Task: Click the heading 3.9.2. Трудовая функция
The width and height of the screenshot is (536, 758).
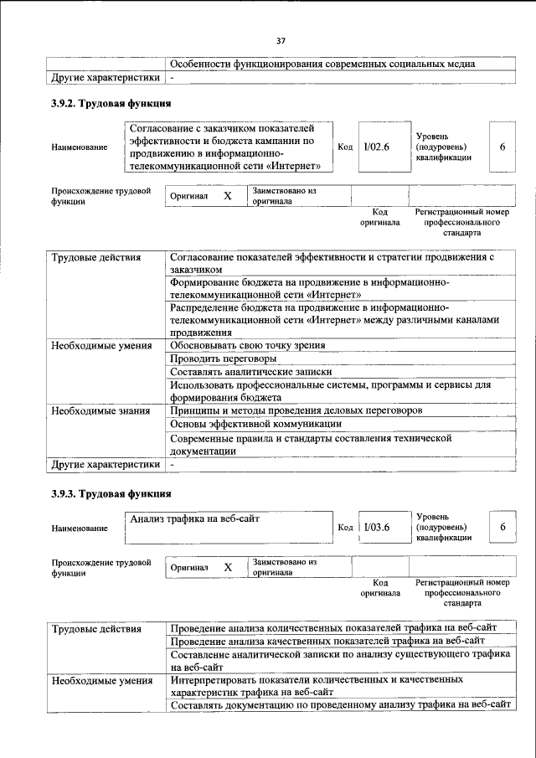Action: click(x=111, y=104)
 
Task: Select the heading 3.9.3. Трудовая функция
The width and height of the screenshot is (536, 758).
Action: click(x=111, y=493)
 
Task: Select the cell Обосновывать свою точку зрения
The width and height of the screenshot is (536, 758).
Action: click(x=247, y=345)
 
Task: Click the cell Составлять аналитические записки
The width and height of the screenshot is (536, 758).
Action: click(x=250, y=372)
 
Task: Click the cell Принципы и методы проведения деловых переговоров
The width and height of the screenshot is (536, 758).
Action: click(x=296, y=410)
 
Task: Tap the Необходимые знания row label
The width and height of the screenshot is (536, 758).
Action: click(x=100, y=411)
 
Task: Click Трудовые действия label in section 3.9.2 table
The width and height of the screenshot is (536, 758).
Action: click(x=95, y=257)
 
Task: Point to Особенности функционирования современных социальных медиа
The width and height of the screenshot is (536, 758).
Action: click(x=322, y=64)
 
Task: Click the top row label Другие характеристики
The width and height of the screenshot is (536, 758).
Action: click(x=105, y=78)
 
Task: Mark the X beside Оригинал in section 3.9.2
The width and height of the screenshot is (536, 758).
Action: click(x=227, y=196)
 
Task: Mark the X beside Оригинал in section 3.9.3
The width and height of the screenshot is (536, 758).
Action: click(x=227, y=567)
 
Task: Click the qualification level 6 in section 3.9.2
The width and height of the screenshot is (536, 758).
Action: click(x=502, y=147)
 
